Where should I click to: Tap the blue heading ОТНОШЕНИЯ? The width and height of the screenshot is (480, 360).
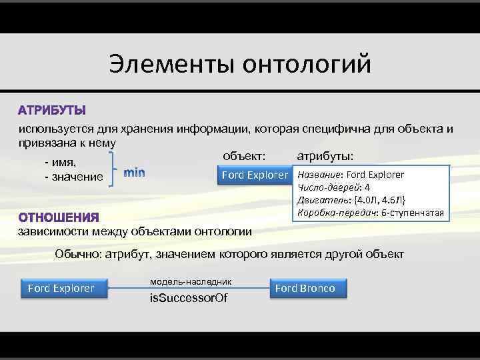coord(59,217)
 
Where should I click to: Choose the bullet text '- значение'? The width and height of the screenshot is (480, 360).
coord(73,177)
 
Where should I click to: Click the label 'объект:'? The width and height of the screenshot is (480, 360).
coord(244,156)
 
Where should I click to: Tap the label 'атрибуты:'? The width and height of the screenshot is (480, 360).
coord(325,156)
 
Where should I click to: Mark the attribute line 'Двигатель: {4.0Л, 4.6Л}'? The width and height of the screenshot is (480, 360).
coord(351,200)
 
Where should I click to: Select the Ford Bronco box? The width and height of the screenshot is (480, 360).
coord(305,289)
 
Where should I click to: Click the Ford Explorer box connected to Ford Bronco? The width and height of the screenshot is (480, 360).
coord(61,289)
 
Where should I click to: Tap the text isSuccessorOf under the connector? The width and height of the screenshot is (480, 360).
coord(189,298)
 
